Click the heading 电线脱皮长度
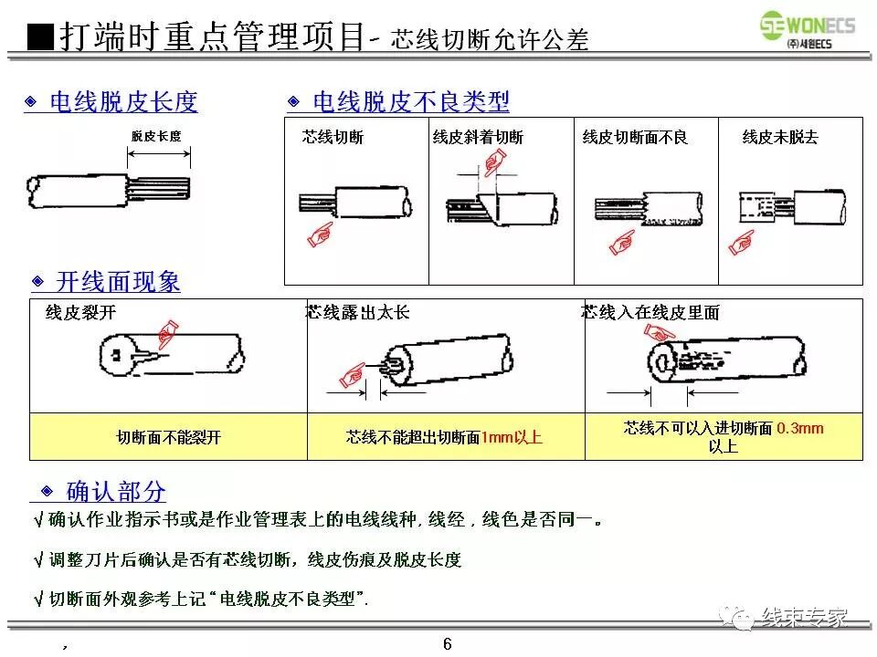click(x=122, y=102)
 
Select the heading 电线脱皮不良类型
click(x=411, y=102)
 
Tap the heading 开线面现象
click(x=118, y=282)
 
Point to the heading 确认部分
click(x=116, y=492)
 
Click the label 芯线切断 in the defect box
click(x=333, y=139)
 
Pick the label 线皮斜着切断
click(x=478, y=139)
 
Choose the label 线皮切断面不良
click(x=635, y=139)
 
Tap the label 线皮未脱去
click(x=780, y=139)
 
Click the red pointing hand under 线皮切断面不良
click(x=622, y=243)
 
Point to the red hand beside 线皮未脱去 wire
click(x=741, y=243)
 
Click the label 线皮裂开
click(x=80, y=313)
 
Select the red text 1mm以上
click(x=512, y=438)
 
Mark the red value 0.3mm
click(x=800, y=428)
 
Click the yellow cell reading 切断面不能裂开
click(x=169, y=438)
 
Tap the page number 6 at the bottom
click(x=447, y=644)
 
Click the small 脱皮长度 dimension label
click(x=156, y=137)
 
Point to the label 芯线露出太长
click(x=358, y=313)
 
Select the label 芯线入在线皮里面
click(x=650, y=313)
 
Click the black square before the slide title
click(x=40, y=37)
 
